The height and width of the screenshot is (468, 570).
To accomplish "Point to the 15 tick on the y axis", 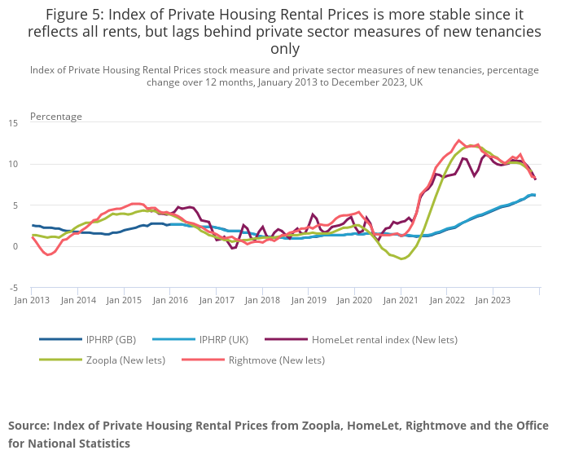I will coord(13,123).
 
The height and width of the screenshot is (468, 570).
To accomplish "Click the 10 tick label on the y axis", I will coord(13,165).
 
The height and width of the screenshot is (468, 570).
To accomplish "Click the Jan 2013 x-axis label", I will coord(33,300).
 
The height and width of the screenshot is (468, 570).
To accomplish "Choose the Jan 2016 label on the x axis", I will coord(170,300).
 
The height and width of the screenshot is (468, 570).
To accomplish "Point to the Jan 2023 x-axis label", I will coord(493,300).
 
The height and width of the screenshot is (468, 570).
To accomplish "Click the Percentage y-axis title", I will coord(56,117).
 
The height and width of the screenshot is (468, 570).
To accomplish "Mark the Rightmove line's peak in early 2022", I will coord(459,140).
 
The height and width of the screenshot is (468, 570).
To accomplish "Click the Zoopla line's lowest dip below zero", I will coord(401,258).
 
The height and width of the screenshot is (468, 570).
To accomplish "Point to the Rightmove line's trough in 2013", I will coord(49,255).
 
